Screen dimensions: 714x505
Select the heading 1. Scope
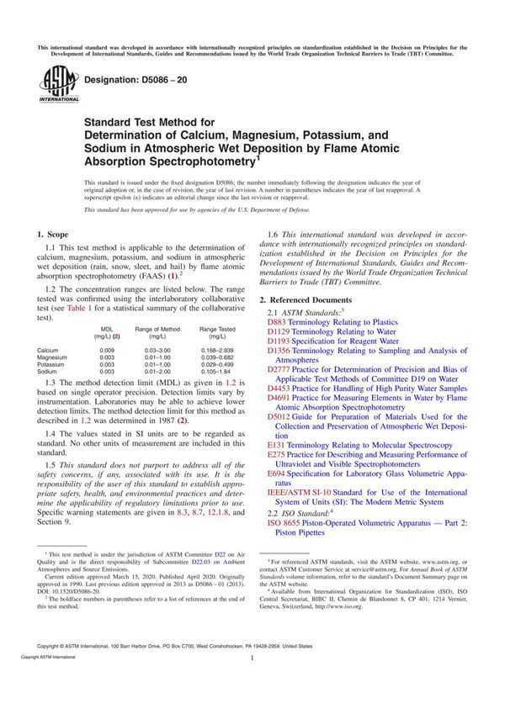(x=55, y=232)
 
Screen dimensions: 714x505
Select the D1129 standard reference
(x=279, y=332)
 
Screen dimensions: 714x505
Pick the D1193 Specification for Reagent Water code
(x=279, y=341)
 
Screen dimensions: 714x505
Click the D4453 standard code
(x=279, y=389)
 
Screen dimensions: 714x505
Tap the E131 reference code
(x=276, y=446)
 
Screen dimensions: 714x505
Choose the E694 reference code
(x=276, y=474)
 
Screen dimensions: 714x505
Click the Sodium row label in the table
(x=48, y=370)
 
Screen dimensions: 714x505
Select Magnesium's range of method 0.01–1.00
(x=157, y=357)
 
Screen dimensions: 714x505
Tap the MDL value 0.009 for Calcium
(x=107, y=350)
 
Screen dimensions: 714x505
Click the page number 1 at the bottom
(x=252, y=683)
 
